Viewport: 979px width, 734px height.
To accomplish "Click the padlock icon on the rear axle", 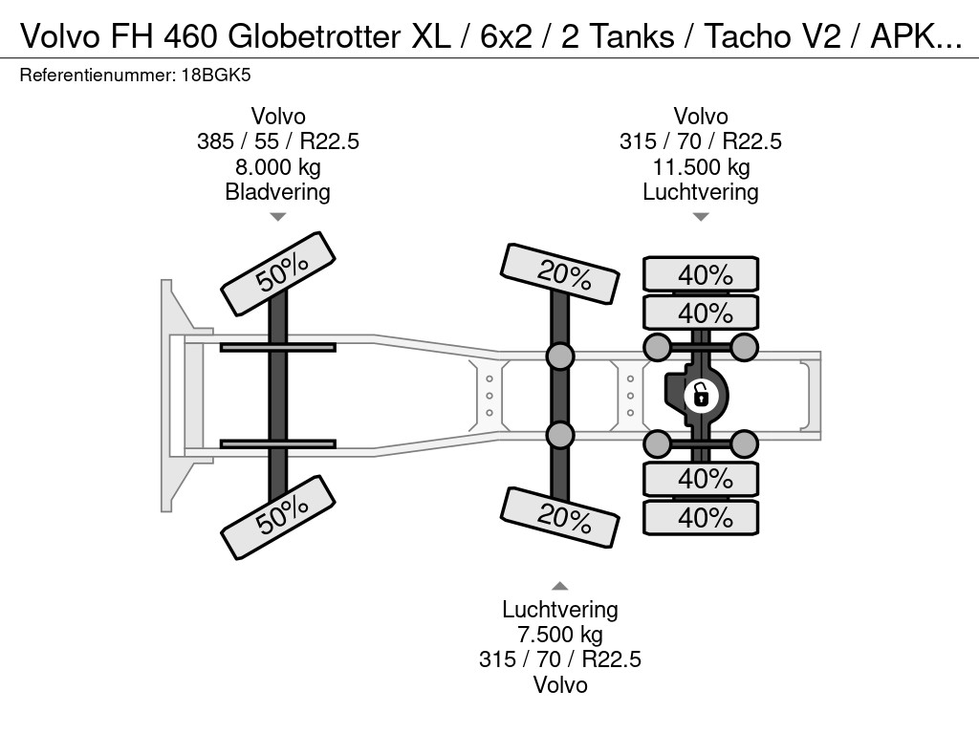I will click(x=701, y=394).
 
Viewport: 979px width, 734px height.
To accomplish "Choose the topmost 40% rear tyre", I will click(x=701, y=274).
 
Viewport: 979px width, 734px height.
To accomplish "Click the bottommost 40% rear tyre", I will click(x=701, y=517).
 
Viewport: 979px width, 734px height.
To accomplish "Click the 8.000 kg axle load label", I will click(x=278, y=167).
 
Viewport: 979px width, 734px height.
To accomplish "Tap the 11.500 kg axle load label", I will click(x=701, y=167).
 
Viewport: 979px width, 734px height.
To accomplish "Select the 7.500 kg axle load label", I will click(x=560, y=635).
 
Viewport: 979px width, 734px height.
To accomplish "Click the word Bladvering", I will click(x=278, y=192).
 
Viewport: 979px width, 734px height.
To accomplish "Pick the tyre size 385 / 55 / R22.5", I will click(x=278, y=141).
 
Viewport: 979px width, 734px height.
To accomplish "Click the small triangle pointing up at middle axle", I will click(x=560, y=586).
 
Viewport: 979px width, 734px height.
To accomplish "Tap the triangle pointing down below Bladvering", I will click(x=278, y=217).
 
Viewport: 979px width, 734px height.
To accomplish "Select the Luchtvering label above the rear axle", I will click(x=701, y=192).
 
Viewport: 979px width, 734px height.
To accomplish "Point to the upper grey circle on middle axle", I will click(x=560, y=356).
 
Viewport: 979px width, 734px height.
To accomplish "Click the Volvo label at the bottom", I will click(x=560, y=685).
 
